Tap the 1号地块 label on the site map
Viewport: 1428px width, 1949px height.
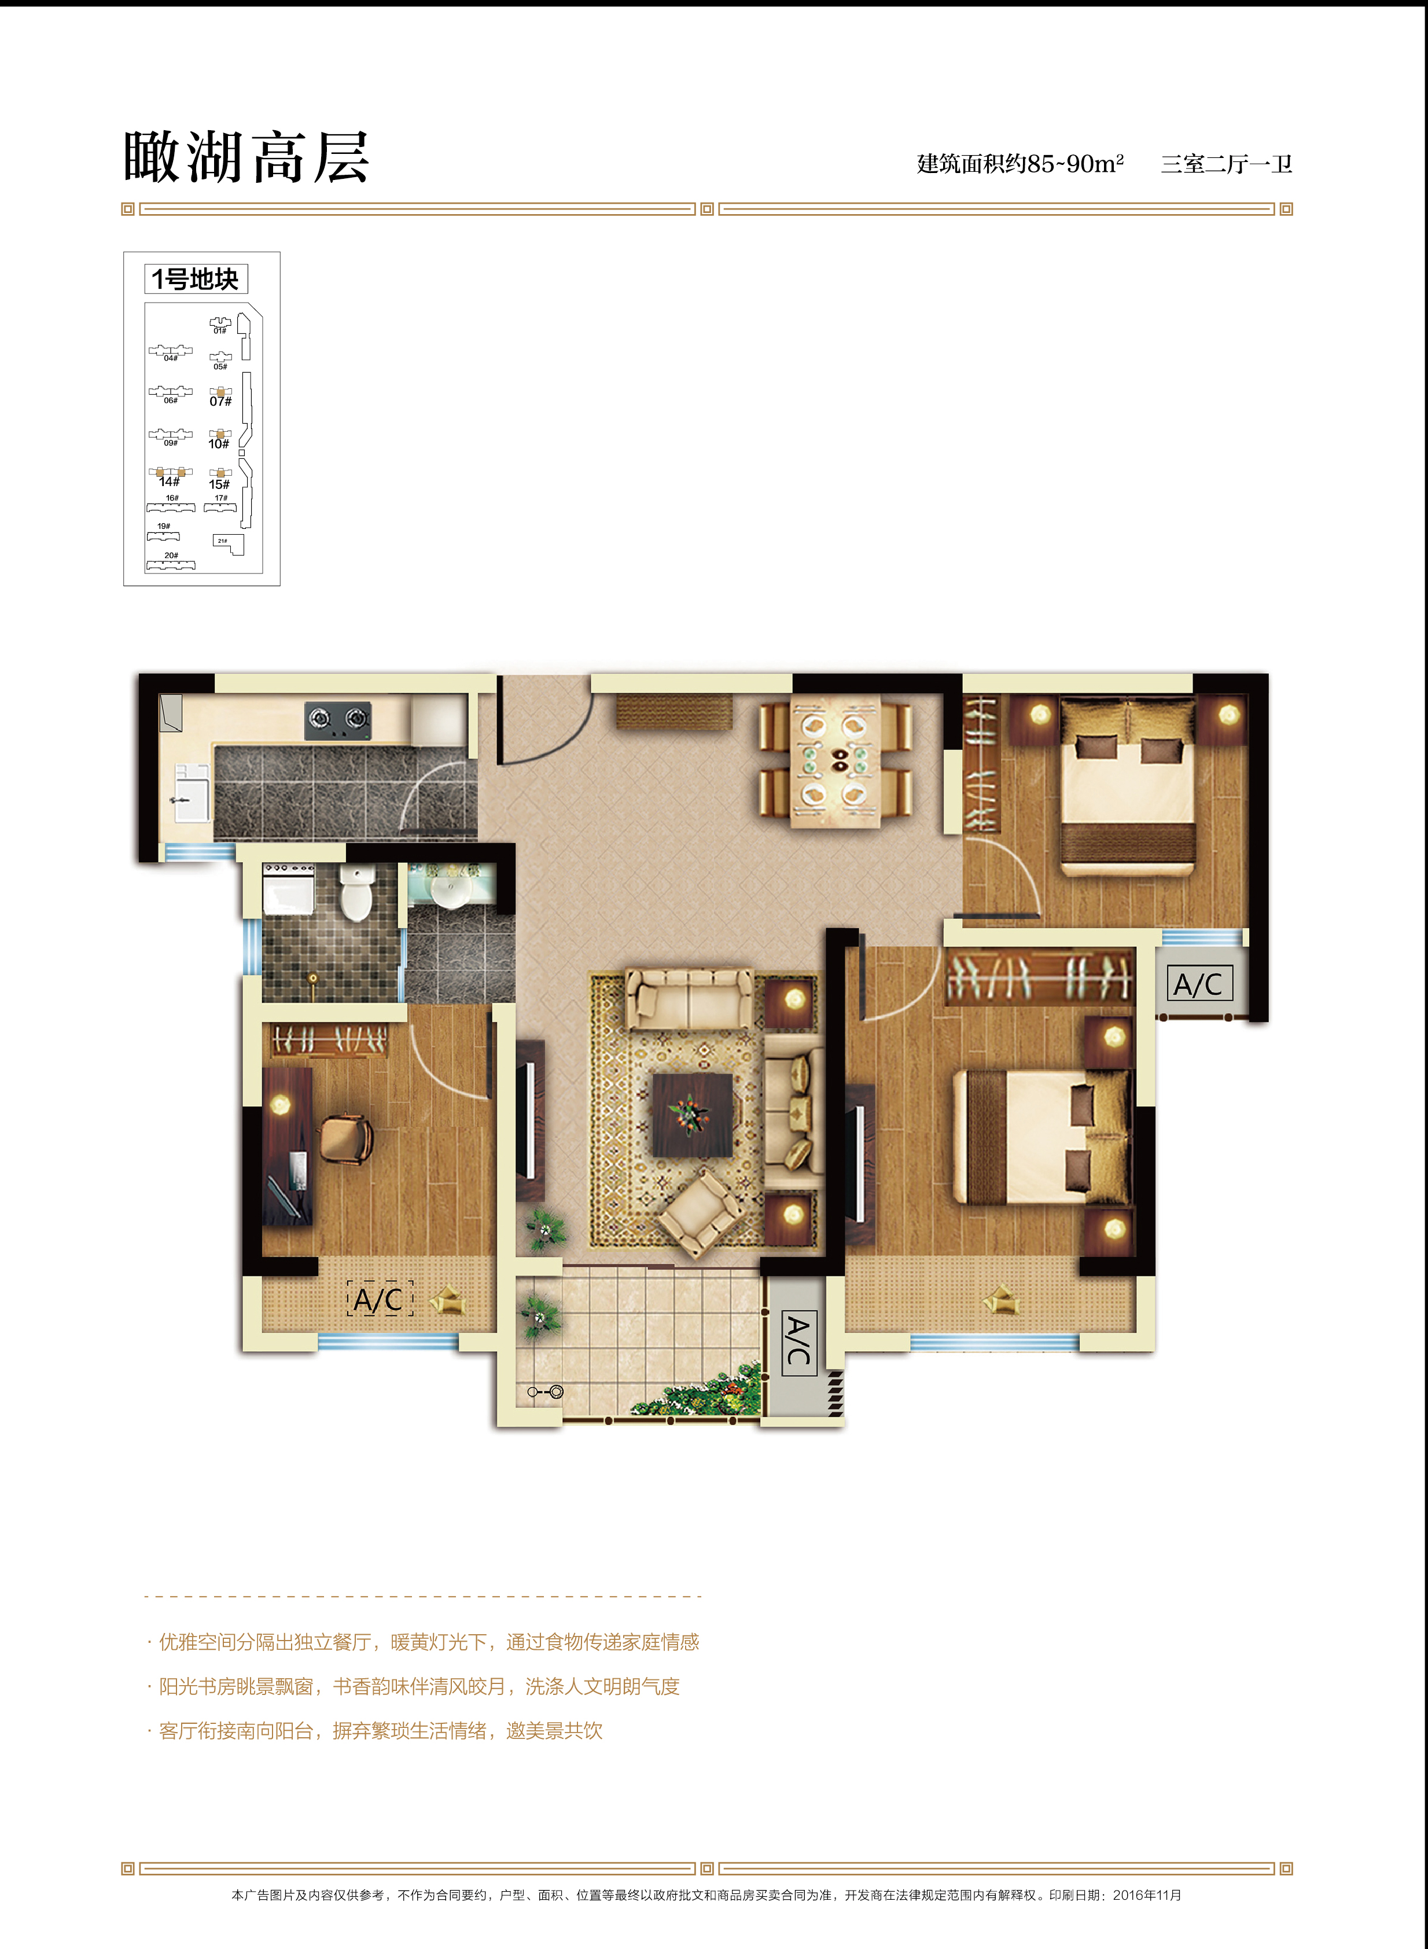[196, 279]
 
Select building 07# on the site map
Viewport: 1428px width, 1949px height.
[220, 397]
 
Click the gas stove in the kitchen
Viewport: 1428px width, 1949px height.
[337, 720]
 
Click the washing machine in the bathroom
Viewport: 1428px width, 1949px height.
[288, 888]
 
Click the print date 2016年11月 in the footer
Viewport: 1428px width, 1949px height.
[1146, 1895]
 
